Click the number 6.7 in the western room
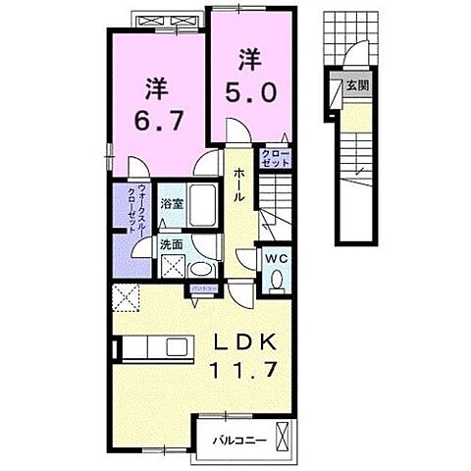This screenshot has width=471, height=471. (155, 124)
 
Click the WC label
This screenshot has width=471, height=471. (276, 257)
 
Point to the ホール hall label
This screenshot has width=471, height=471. (238, 183)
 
